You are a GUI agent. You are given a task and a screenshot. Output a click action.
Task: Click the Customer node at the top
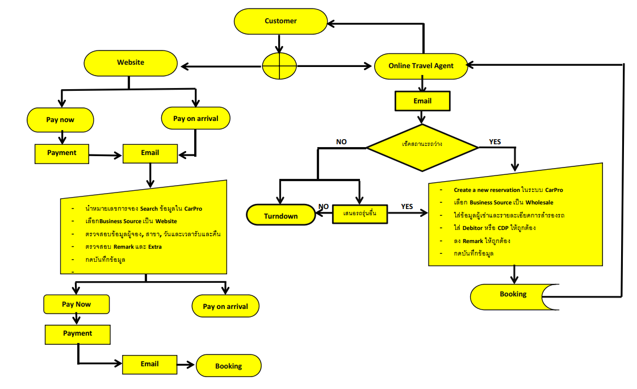click(280, 22)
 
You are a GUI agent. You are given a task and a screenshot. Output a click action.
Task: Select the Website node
click(131, 63)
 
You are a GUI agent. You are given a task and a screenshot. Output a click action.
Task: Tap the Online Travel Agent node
click(421, 66)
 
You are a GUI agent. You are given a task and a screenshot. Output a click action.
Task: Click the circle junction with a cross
click(279, 66)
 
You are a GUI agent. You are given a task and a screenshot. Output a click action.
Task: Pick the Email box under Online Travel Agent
click(422, 102)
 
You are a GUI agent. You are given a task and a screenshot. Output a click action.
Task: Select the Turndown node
click(280, 216)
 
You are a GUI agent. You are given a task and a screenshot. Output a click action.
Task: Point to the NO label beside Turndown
click(324, 207)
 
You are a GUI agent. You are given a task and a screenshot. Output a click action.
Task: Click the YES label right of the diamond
click(495, 141)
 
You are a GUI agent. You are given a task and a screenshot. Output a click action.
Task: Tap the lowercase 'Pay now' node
click(60, 120)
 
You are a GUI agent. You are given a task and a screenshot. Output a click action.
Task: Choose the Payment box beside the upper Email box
click(61, 153)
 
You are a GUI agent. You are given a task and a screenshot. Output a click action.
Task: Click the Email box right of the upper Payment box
click(150, 153)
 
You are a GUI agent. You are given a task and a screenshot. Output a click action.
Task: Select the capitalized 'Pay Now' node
click(76, 304)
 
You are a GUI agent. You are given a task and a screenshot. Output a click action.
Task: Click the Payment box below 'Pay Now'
click(77, 334)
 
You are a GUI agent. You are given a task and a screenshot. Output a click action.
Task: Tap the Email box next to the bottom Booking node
click(149, 364)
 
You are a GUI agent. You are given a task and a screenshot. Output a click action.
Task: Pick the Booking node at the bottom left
click(228, 366)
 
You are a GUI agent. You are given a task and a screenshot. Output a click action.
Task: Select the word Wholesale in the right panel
click(539, 202)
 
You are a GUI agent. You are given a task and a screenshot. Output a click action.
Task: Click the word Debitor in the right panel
click(466, 228)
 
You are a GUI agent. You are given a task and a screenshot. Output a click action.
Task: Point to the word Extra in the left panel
click(153, 247)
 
